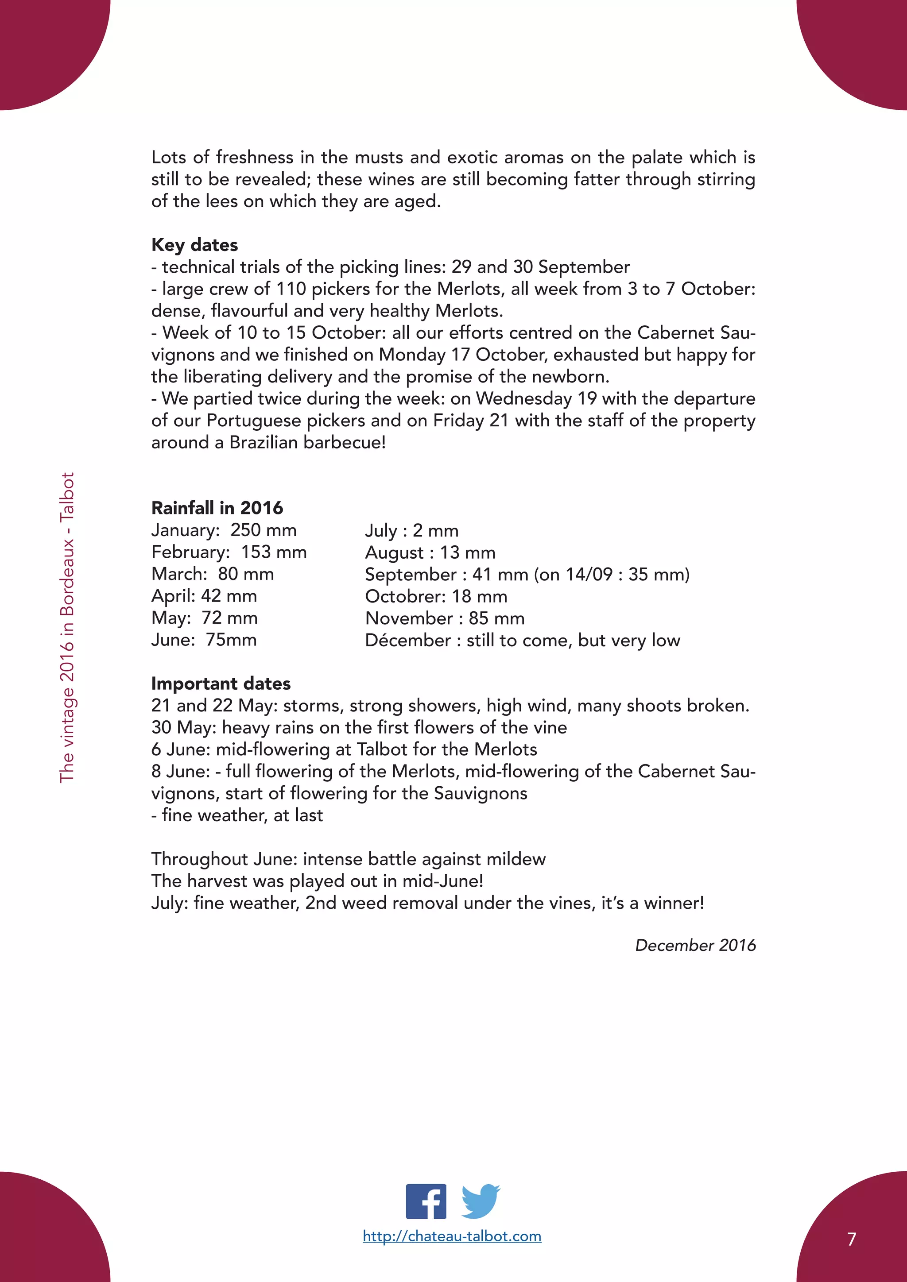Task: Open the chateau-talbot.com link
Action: [x=452, y=1236]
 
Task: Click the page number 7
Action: [x=851, y=1239]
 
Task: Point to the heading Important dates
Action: [x=221, y=683]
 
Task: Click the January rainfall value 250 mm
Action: [x=263, y=530]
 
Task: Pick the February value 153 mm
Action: [x=274, y=552]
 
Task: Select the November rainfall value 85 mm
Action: [x=496, y=618]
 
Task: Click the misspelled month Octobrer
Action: [x=404, y=596]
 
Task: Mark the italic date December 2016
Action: [x=695, y=945]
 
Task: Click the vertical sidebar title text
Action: [x=66, y=628]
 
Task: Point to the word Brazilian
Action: [x=264, y=442]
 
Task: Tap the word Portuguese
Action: [x=254, y=421]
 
